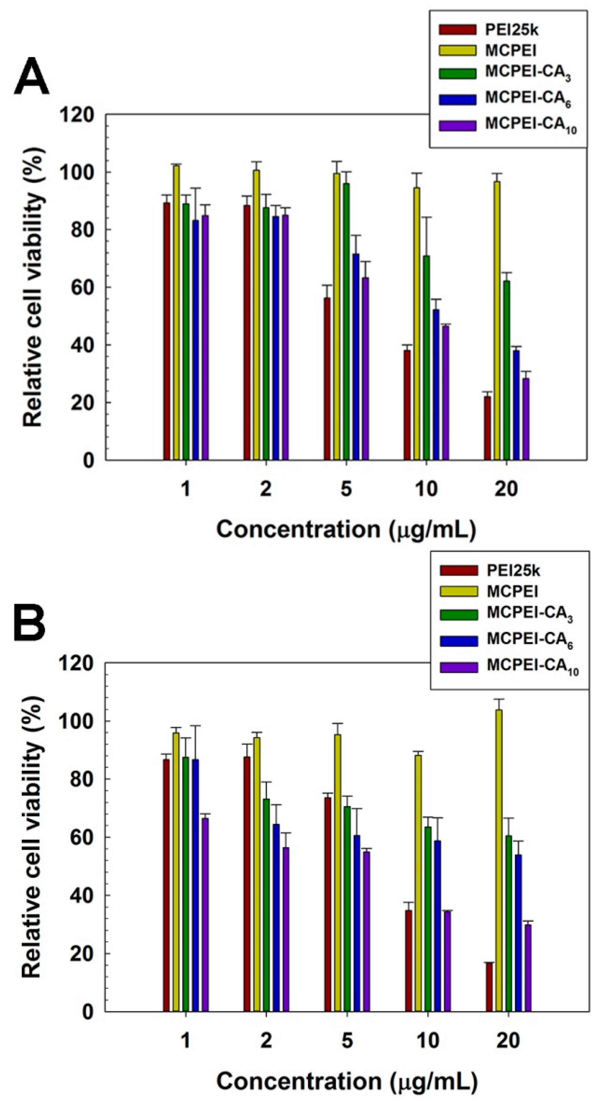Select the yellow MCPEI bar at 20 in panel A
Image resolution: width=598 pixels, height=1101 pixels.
click(497, 320)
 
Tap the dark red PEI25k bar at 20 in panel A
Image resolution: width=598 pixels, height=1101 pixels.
click(487, 428)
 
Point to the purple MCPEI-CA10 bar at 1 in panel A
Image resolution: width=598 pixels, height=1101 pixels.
click(205, 337)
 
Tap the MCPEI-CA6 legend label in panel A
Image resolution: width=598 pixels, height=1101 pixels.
click(528, 100)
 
